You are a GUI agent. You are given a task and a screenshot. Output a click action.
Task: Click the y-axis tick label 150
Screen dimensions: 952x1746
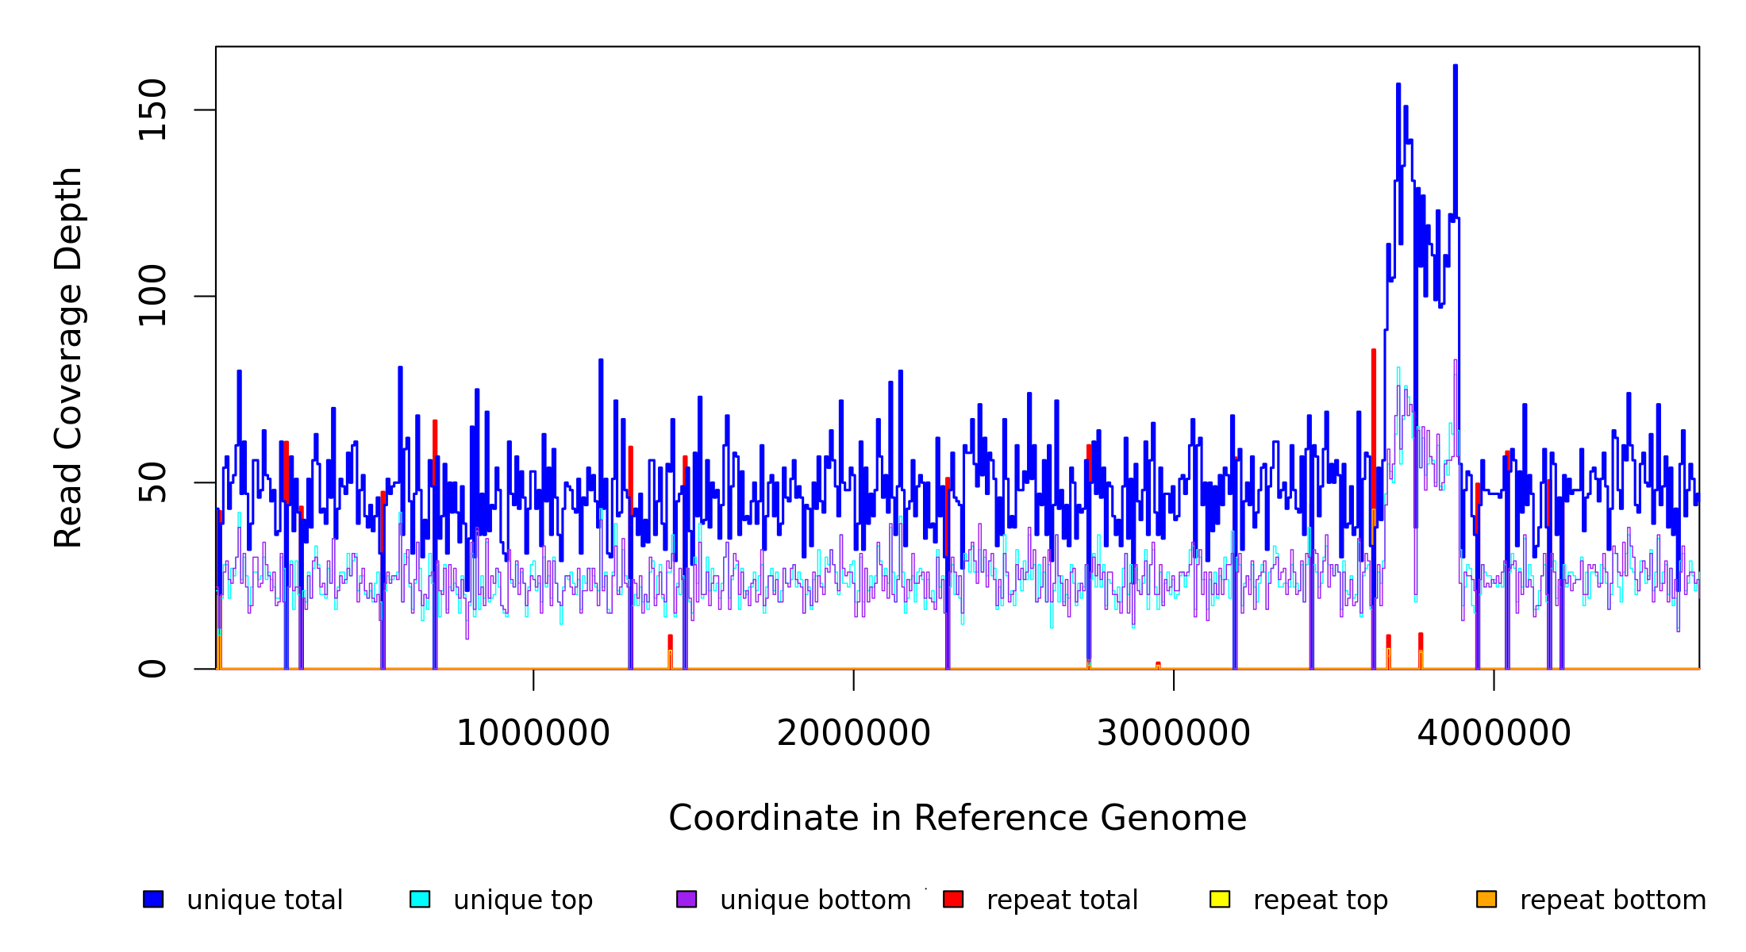[x=152, y=109]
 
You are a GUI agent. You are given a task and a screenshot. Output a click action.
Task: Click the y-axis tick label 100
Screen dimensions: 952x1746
[x=152, y=296]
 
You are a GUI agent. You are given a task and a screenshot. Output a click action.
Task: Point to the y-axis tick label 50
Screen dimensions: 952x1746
[x=152, y=482]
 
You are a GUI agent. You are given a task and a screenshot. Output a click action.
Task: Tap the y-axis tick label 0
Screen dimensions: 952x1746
[x=152, y=669]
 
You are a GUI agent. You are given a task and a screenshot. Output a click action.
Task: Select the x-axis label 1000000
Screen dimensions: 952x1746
[x=533, y=733]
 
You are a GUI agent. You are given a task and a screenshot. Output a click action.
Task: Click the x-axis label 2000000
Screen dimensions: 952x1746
[x=853, y=733]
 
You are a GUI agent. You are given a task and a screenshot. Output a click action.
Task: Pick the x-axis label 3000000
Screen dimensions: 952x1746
[x=1173, y=733]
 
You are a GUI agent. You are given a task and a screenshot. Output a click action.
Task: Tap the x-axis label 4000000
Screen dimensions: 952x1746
[x=1494, y=733]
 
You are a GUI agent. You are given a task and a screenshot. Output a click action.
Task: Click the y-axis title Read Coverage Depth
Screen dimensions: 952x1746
[x=68, y=357]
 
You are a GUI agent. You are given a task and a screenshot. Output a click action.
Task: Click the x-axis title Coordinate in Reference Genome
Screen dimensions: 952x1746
[x=957, y=818]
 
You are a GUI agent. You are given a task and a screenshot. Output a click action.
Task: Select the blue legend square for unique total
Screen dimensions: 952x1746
[x=153, y=899]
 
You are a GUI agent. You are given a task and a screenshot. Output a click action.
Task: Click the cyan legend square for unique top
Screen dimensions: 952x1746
[x=420, y=899]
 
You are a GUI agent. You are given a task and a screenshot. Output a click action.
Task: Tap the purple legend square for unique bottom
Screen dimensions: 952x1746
[x=686, y=899]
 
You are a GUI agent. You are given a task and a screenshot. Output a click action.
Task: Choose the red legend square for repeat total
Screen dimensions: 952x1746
[x=953, y=899]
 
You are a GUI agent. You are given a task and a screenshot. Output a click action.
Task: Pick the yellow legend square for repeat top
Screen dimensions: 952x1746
[x=1220, y=899]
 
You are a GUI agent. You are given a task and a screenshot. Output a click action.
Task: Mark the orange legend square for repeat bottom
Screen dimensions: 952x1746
[x=1486, y=899]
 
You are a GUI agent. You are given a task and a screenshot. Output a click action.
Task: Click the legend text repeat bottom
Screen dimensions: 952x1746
[x=1613, y=900]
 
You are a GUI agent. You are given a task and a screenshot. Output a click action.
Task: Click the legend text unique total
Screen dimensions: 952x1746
[x=264, y=900]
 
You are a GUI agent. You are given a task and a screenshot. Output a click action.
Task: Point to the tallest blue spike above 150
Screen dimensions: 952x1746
[x=1455, y=68]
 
